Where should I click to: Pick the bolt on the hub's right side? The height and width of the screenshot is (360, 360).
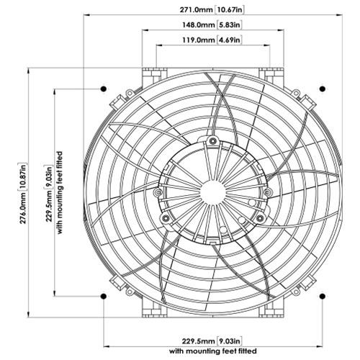pyautogui.click(x=267, y=193)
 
